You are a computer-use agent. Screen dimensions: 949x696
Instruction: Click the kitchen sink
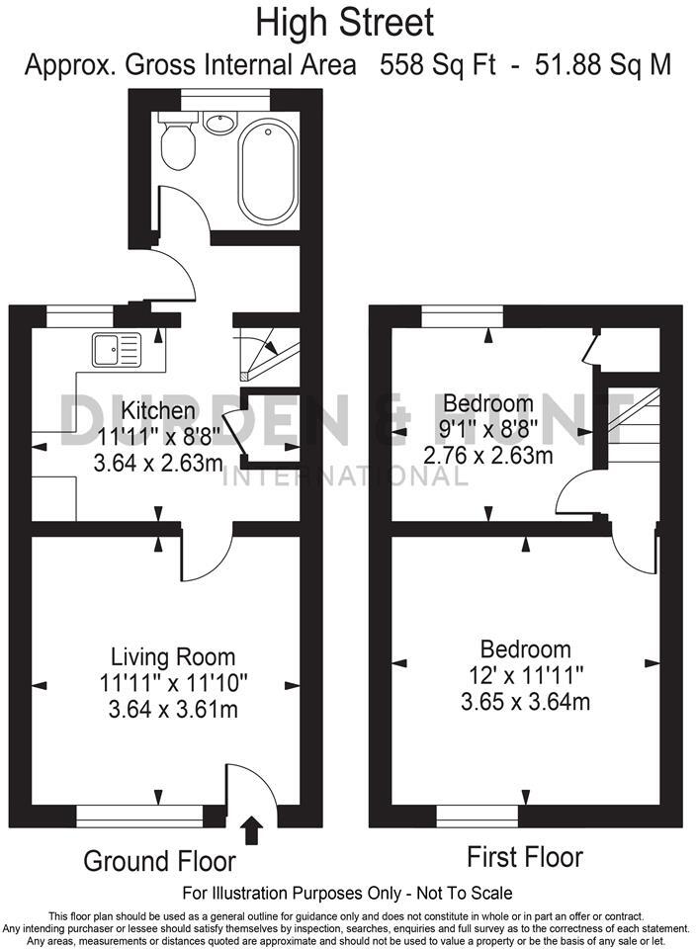coord(117,349)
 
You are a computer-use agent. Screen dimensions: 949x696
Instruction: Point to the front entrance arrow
coord(252,829)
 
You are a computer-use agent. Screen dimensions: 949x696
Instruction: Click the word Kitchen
coord(158,409)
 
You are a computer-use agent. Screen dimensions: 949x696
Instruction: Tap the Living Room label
coord(173,656)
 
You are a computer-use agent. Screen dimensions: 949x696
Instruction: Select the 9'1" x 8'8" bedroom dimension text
coord(488,429)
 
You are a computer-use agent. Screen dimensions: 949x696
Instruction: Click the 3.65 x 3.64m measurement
coord(525,702)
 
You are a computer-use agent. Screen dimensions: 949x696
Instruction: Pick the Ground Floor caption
coord(159,861)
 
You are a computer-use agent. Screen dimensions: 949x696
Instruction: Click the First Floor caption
coord(525,856)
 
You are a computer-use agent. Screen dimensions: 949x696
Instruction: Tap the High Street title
coord(345,22)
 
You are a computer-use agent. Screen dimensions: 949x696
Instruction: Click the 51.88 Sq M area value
coord(603,65)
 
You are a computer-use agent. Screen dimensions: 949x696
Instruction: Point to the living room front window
coord(139,816)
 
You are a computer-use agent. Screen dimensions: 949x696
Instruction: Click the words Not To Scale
coord(456,893)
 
